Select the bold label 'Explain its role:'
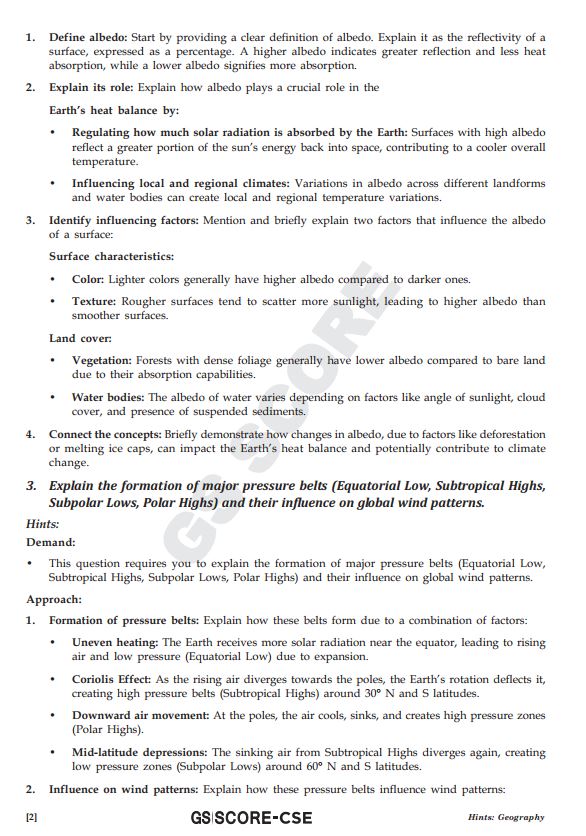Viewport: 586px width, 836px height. [92, 87]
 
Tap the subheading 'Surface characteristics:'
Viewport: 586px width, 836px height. [111, 257]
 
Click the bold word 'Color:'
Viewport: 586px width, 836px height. [88, 279]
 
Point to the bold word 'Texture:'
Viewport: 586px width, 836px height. [94, 301]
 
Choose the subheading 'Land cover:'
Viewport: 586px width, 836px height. [80, 338]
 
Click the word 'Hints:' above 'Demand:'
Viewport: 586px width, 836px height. [42, 523]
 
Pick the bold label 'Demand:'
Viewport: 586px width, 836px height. [50, 541]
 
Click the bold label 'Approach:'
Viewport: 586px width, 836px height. [54, 600]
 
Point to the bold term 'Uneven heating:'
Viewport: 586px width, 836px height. [115, 642]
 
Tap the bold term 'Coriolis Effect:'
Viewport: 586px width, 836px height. [115, 679]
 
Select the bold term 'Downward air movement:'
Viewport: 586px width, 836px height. [142, 716]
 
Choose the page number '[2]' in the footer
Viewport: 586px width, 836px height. [31, 817]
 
